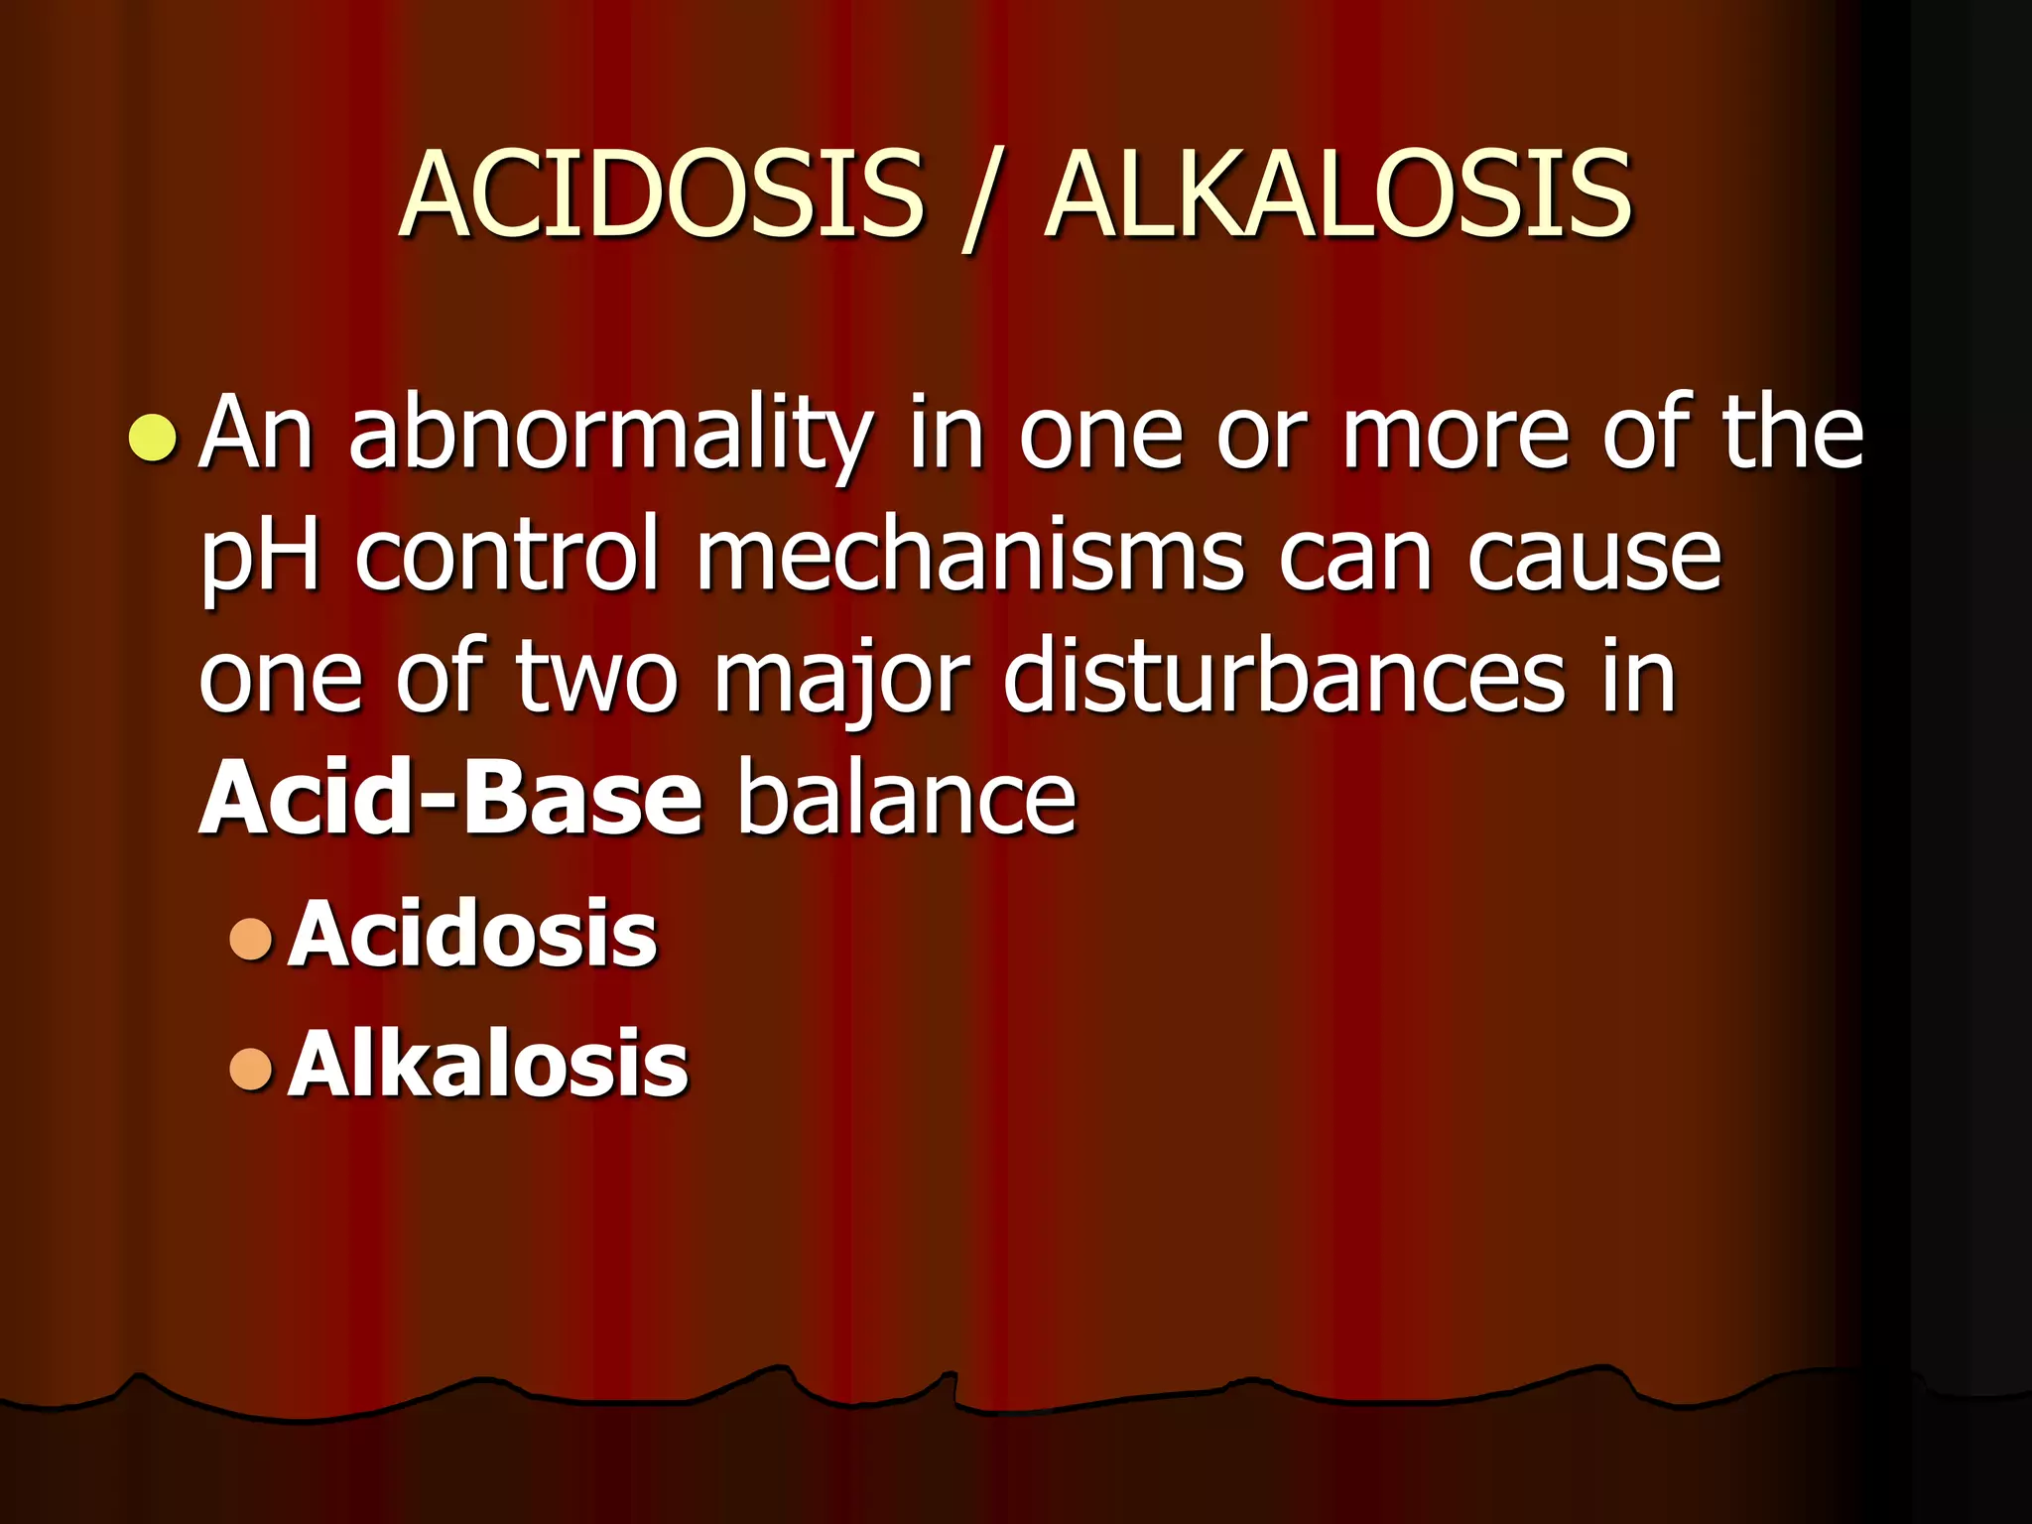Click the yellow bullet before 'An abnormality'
pyautogui.click(x=154, y=440)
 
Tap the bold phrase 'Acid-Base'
pyautogui.click(x=451, y=799)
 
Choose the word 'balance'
pyautogui.click(x=906, y=799)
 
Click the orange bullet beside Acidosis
pyautogui.click(x=250, y=939)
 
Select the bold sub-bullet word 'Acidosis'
pyautogui.click(x=472, y=934)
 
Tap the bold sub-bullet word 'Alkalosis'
pyautogui.click(x=487, y=1064)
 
